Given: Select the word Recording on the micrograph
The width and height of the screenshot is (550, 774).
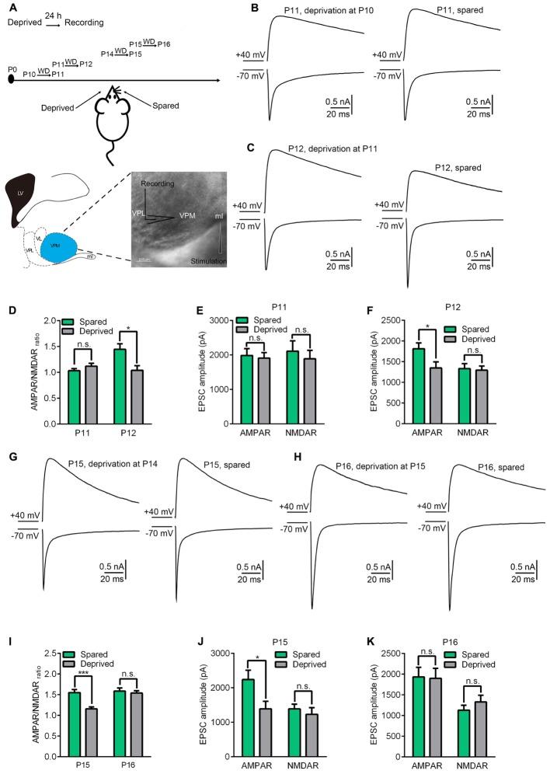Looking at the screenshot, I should pyautogui.click(x=158, y=183).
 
